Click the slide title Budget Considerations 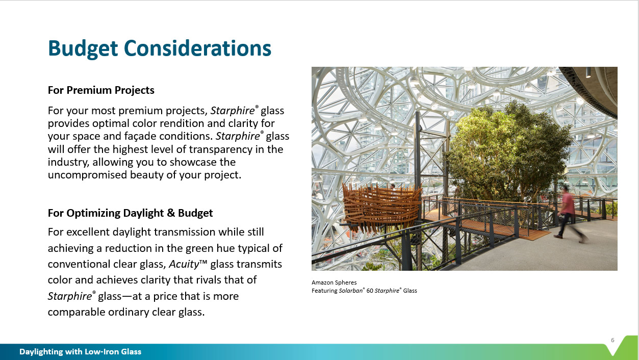click(x=160, y=48)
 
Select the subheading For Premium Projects click(x=101, y=90)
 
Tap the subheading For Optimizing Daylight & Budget click(x=130, y=213)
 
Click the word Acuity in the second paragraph click(x=184, y=264)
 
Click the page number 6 click(x=612, y=340)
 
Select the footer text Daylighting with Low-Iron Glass click(x=80, y=351)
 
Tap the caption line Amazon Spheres click(x=334, y=282)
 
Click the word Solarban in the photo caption click(x=350, y=291)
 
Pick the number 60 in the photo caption click(x=370, y=291)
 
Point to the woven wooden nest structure click(x=381, y=208)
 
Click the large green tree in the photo click(x=508, y=151)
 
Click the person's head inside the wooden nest click(x=393, y=186)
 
